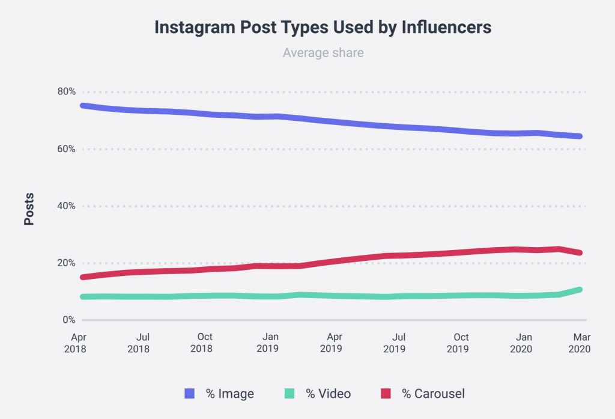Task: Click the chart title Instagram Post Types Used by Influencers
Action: (x=323, y=28)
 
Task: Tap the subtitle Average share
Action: (x=323, y=53)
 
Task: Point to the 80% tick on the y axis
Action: (x=67, y=92)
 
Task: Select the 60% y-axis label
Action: (x=67, y=149)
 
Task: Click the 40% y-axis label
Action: (x=67, y=206)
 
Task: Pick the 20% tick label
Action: (x=67, y=263)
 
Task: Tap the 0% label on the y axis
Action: (x=70, y=320)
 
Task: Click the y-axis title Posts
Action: (x=29, y=209)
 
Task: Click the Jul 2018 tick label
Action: (x=139, y=343)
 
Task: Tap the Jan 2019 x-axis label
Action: (x=268, y=343)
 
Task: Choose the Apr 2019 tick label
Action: (x=331, y=343)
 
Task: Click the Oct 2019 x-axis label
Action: (x=461, y=343)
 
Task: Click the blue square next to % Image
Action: (x=190, y=394)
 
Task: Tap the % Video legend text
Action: (x=328, y=394)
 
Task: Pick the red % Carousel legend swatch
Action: (x=386, y=394)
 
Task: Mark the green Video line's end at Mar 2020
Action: (x=580, y=290)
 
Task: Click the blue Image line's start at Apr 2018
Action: (x=83, y=106)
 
